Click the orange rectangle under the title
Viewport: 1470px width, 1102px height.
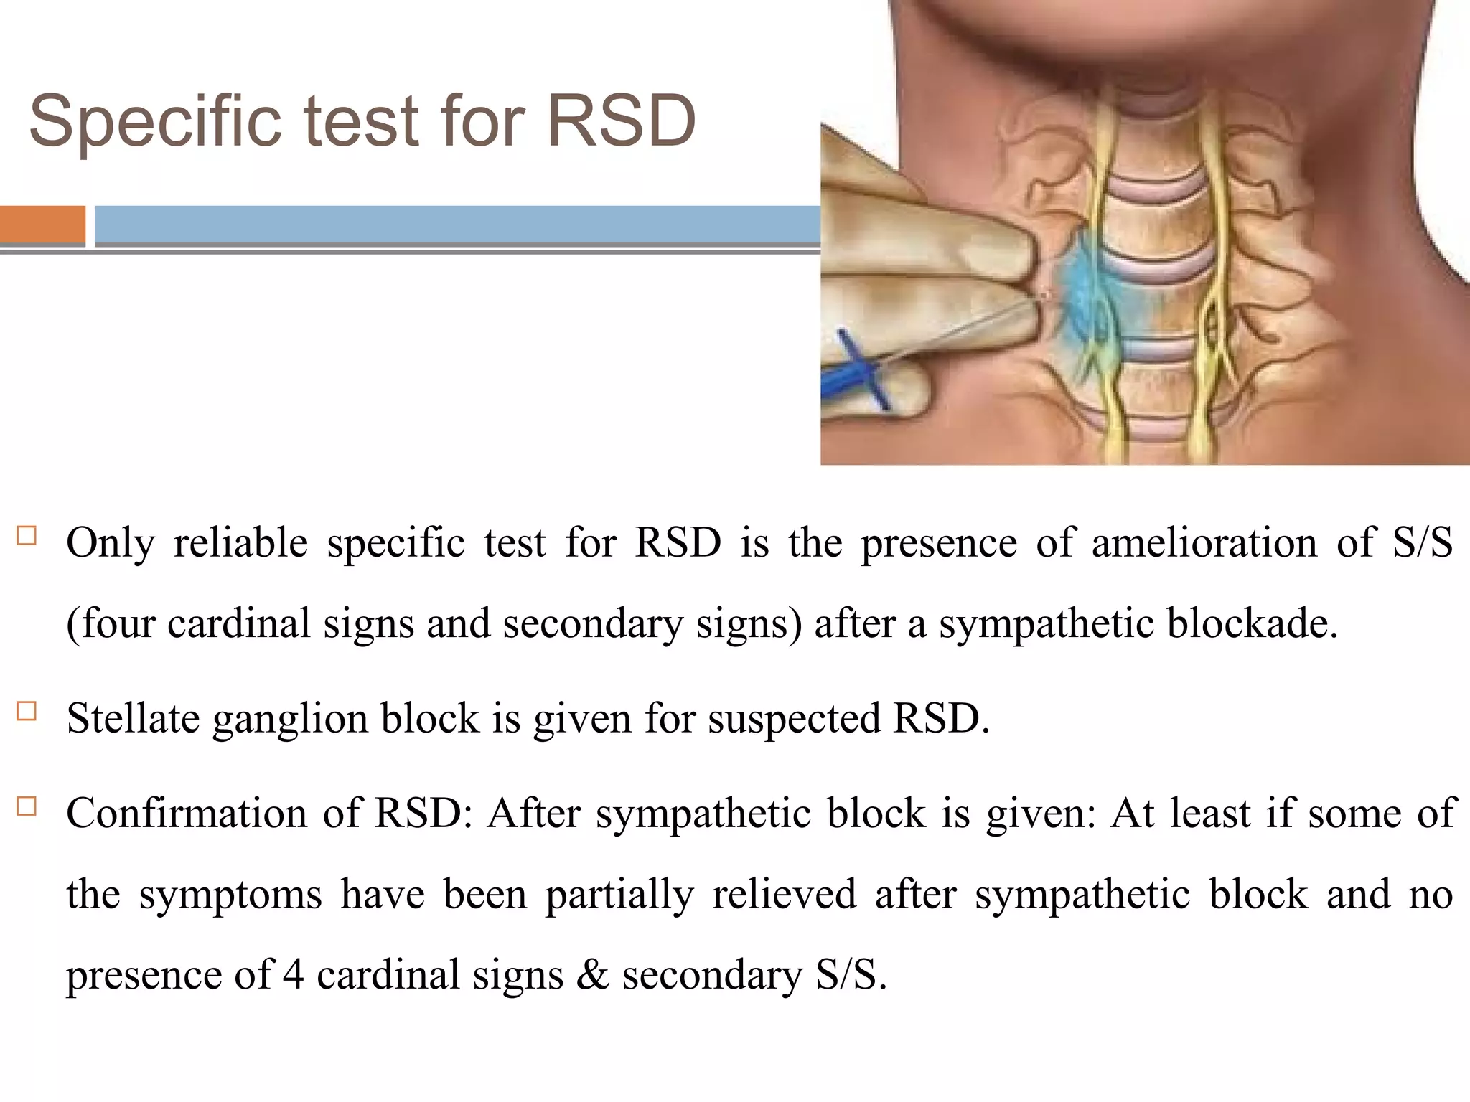42,225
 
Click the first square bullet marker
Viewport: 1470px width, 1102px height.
27,537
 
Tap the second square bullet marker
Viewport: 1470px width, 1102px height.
27,711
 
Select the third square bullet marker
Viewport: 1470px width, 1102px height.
27,806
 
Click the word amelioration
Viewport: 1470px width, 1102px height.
1204,543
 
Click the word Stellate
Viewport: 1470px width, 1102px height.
133,718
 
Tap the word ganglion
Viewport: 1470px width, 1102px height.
290,720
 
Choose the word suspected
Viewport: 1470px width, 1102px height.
794,720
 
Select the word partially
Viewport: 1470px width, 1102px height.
619,895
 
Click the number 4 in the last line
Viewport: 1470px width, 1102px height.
292,975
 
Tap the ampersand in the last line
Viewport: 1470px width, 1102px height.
592,975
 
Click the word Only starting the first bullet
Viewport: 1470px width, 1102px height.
110,543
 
